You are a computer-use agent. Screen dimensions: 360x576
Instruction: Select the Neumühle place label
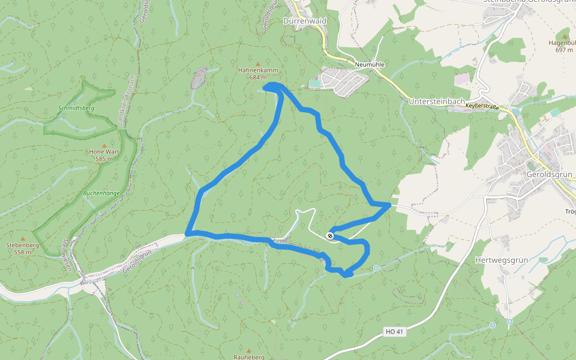point(370,64)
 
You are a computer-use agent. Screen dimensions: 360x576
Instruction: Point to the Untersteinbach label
point(436,102)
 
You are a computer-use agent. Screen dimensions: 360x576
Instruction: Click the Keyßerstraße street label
point(487,105)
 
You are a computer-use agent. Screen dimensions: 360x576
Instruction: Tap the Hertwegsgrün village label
point(500,260)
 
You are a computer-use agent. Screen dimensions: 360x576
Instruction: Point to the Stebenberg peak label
point(22,245)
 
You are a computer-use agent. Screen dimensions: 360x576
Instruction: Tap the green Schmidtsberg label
point(77,108)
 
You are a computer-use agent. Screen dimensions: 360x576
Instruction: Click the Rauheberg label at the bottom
point(249,357)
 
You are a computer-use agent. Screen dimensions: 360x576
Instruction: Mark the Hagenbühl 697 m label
point(565,43)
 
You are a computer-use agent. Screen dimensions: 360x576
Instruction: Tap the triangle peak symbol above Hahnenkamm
point(258,64)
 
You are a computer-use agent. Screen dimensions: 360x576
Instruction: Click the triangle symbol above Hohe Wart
point(104,145)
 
